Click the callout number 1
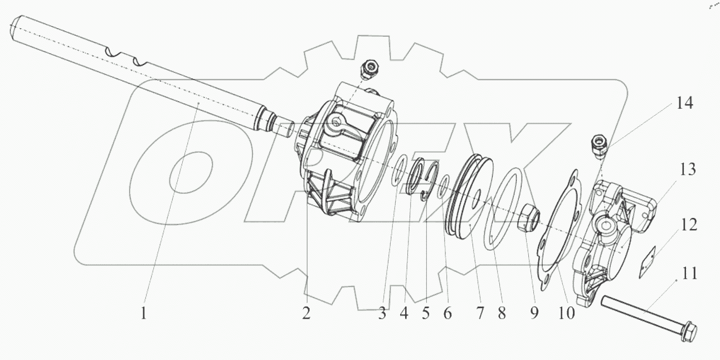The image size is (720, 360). (143, 314)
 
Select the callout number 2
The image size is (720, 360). (306, 314)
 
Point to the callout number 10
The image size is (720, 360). (566, 314)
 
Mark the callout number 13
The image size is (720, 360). (688, 169)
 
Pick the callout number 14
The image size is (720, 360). (684, 103)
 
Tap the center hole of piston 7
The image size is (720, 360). (478, 194)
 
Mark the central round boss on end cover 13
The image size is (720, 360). (602, 225)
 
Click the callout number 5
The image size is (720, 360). (426, 314)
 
